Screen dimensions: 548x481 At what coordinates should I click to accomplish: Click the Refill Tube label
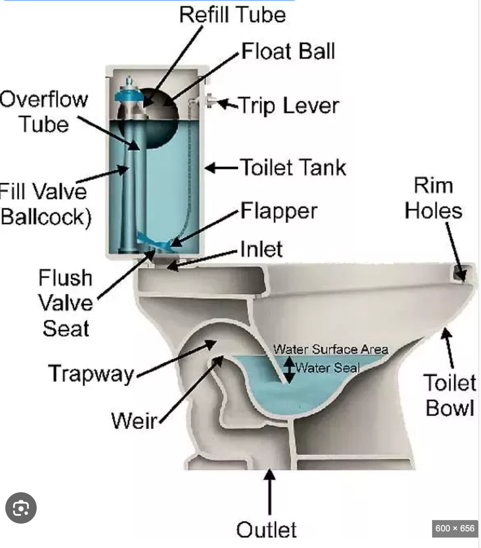coord(233,14)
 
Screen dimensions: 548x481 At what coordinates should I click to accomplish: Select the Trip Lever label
coord(288,105)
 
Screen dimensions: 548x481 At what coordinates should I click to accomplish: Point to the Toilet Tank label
coord(293,167)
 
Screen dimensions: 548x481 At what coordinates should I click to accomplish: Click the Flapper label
coord(279,211)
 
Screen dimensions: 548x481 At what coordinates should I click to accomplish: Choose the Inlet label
coord(261,250)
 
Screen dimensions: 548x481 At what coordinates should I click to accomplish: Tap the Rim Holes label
coord(433,198)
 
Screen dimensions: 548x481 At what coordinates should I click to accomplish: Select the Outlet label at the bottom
coord(267,529)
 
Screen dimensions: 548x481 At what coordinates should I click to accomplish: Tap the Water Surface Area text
coord(331,349)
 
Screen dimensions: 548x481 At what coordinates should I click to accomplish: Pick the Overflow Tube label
coord(44,112)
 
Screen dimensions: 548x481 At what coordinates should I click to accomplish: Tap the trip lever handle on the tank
coord(210,102)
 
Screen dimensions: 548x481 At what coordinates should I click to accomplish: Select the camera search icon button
coord(21,509)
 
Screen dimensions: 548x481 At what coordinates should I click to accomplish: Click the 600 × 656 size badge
coord(455,528)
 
